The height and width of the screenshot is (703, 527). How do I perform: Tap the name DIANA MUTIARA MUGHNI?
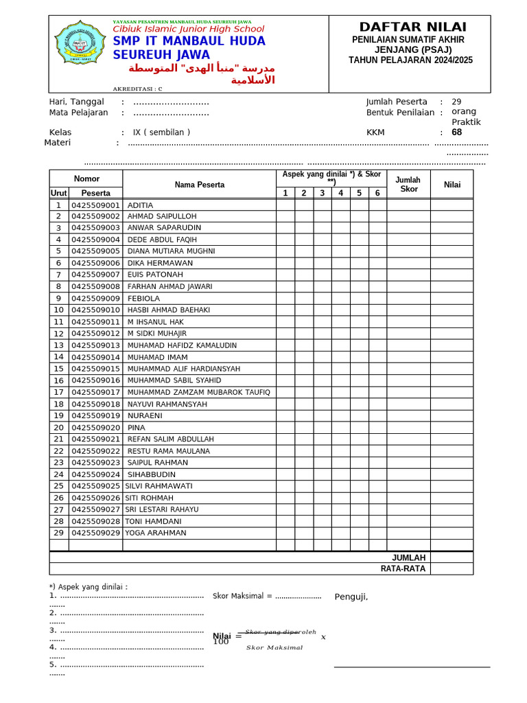(x=172, y=251)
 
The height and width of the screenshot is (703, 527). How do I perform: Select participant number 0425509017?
(x=95, y=392)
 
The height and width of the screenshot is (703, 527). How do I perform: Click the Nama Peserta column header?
(x=199, y=185)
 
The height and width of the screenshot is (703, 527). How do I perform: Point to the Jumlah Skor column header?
(x=408, y=184)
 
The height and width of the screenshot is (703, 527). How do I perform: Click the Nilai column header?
(x=452, y=184)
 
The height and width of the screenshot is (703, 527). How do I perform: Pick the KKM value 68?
(x=456, y=132)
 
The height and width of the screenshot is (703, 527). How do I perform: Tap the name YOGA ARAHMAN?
(x=156, y=533)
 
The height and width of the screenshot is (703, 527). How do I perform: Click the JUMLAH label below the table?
(x=408, y=557)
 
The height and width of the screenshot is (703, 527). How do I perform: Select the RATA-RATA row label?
(x=403, y=568)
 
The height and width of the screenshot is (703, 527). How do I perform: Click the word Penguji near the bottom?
(x=351, y=596)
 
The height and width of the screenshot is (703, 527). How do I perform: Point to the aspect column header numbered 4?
(x=340, y=193)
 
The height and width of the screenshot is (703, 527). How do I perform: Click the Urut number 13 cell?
(x=58, y=345)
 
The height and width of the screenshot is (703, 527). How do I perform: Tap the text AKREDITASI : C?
(x=138, y=89)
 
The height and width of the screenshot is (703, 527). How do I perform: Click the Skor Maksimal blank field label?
(x=242, y=596)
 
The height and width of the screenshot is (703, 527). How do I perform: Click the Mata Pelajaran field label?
(x=78, y=113)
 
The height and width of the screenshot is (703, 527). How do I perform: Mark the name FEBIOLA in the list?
(x=143, y=299)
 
